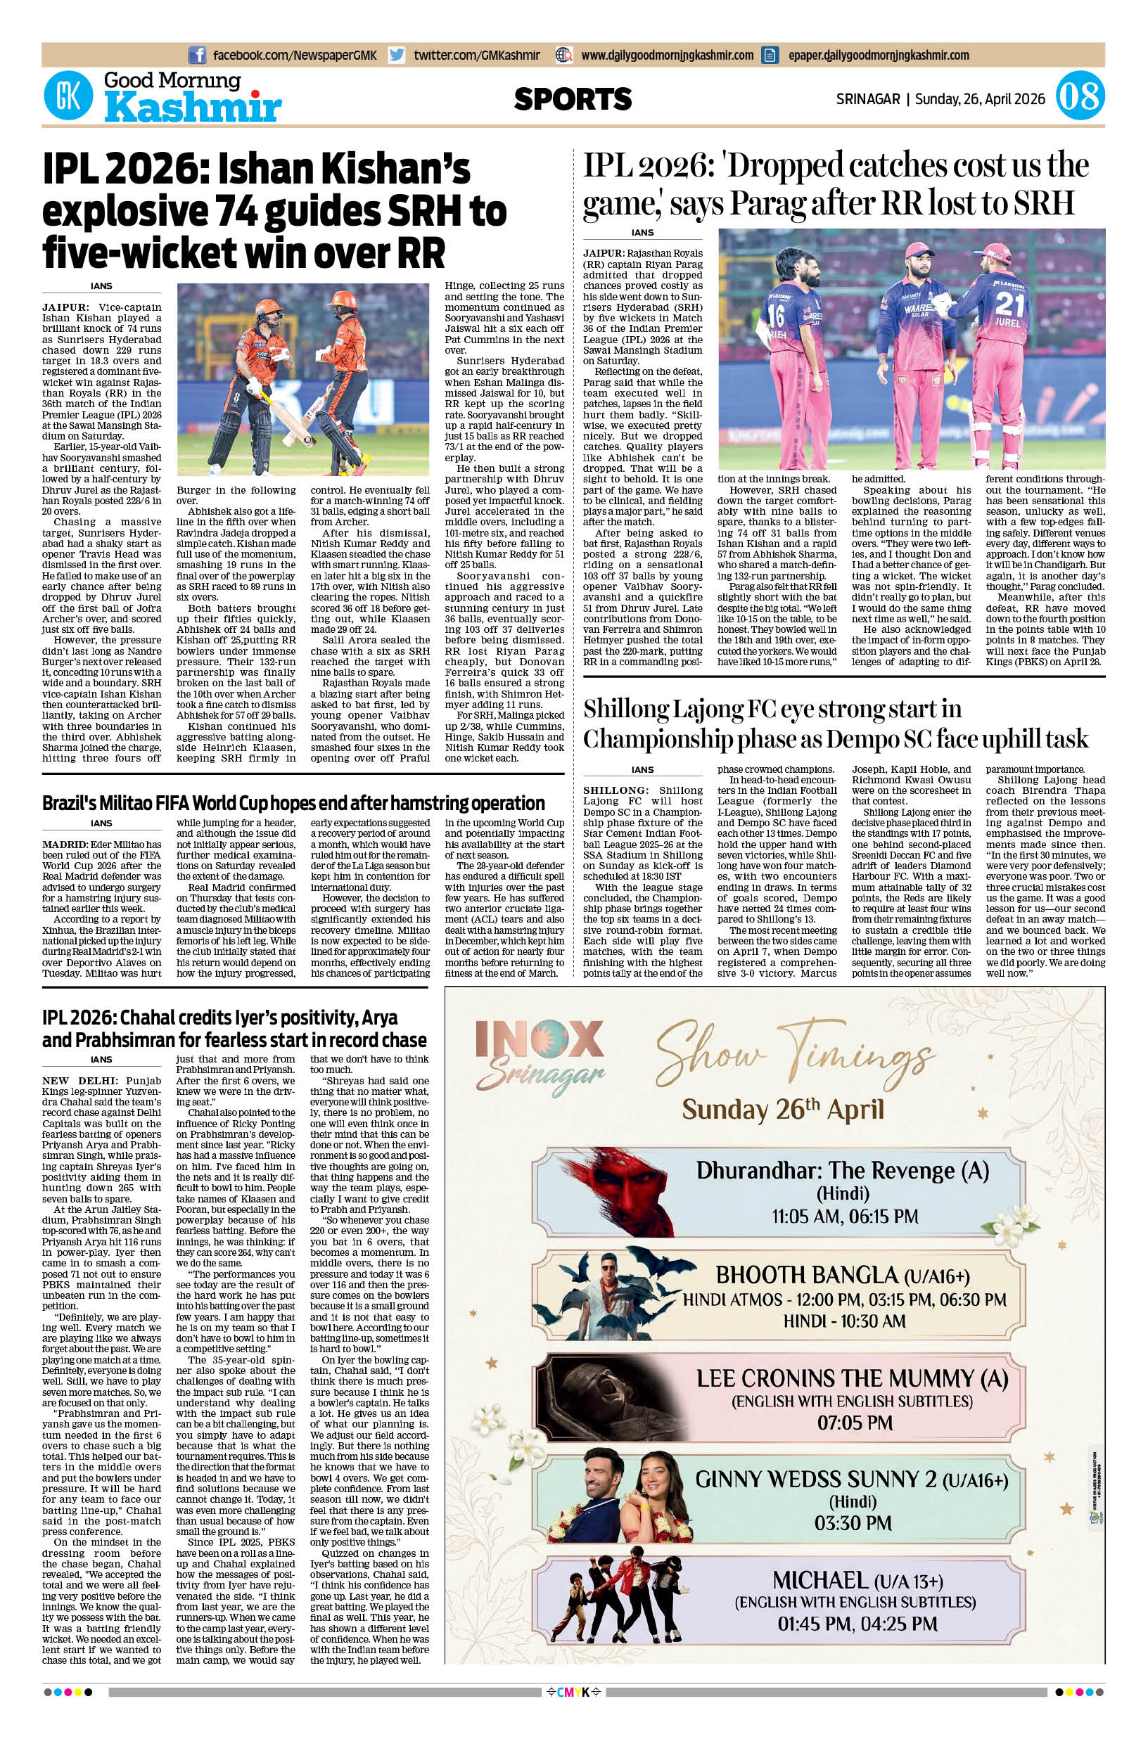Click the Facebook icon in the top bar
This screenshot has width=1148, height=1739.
(x=197, y=55)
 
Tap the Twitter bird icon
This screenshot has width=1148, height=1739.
(x=397, y=55)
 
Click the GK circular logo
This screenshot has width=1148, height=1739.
(x=68, y=96)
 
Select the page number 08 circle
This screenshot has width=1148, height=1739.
(x=1080, y=97)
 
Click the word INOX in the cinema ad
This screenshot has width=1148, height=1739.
(x=539, y=1039)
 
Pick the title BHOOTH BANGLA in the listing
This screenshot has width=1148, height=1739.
(x=807, y=1275)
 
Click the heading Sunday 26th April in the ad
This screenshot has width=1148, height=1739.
(x=783, y=1110)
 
